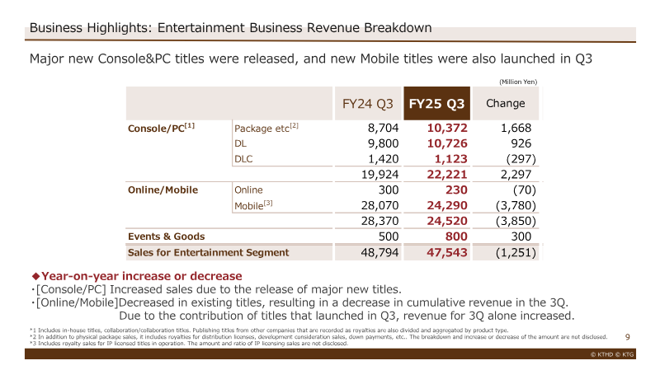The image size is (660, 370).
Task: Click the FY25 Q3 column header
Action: coord(436,104)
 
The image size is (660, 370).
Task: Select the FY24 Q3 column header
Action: coord(367,104)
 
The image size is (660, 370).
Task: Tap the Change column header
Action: coord(506,104)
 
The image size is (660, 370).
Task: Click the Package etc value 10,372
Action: coord(447,128)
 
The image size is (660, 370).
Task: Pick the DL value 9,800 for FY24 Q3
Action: coord(383,143)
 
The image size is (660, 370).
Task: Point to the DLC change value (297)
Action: coord(521,159)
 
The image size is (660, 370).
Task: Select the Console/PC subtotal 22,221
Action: coord(447,175)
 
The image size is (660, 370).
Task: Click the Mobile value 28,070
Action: coord(379,206)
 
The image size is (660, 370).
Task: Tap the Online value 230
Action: coord(456,190)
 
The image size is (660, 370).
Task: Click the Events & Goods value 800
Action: coord(456,237)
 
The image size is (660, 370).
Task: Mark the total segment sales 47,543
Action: coord(447,253)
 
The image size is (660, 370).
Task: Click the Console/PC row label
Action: coord(161,128)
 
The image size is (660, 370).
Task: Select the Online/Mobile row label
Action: coord(163,190)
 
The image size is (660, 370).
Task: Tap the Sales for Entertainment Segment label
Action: coord(209,253)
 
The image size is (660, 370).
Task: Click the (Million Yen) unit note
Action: coord(518,82)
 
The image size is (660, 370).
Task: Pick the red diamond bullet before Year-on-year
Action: coord(35,276)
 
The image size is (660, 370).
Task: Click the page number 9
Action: coord(628,337)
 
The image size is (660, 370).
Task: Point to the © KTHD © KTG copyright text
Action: coord(612,354)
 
